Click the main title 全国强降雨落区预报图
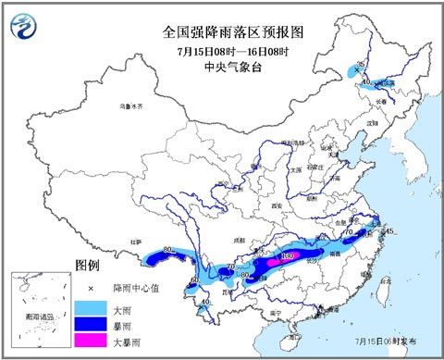click(x=233, y=31)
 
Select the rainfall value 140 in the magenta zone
click(x=288, y=254)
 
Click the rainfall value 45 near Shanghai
click(x=389, y=230)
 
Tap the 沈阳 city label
click(x=372, y=121)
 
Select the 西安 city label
click(x=276, y=205)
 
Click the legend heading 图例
click(x=87, y=266)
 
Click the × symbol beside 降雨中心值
click(x=92, y=287)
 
